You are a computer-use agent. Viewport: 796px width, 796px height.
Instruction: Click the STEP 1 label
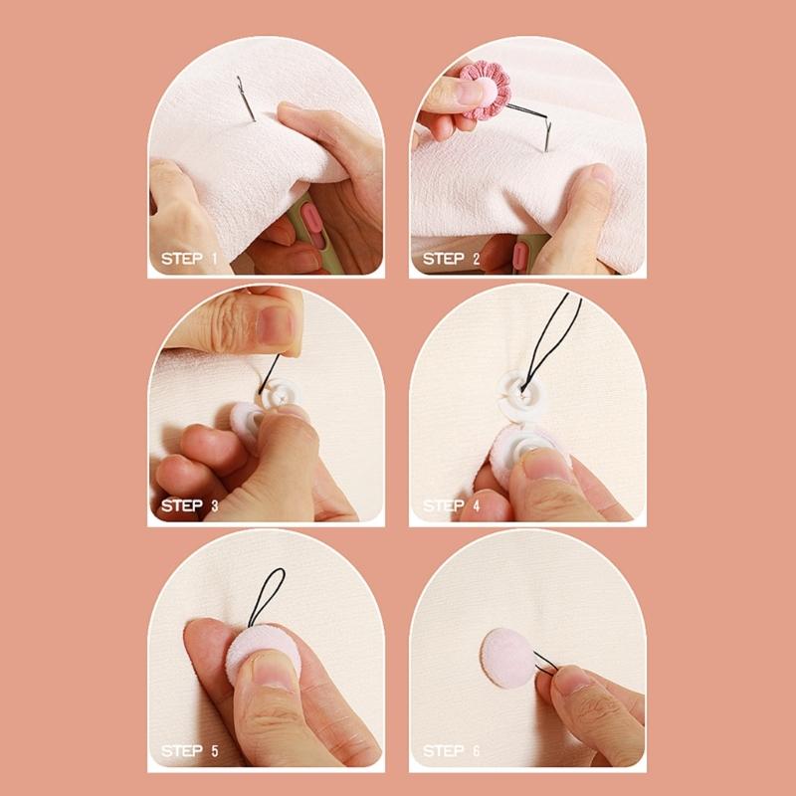click(191, 260)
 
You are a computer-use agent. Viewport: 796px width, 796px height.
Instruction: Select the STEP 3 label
click(191, 505)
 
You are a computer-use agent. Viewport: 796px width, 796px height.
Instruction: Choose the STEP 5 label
click(191, 751)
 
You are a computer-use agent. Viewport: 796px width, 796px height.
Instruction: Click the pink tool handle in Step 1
click(307, 218)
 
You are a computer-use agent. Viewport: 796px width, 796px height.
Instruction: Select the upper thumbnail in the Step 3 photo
click(274, 324)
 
